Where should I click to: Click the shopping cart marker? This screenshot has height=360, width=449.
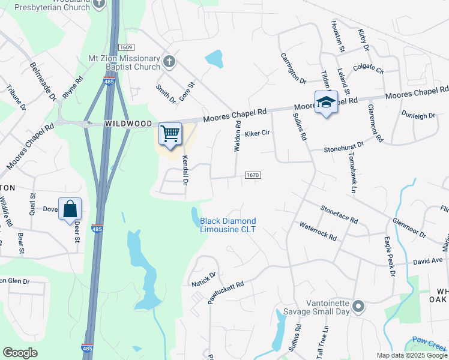pos(170,134)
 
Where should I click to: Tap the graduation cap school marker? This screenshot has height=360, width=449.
pos(326,103)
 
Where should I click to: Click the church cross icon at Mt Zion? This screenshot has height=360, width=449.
pos(170,61)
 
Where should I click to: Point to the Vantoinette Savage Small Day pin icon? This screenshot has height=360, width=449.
pos(358,307)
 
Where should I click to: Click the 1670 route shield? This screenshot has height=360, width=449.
pos(253,175)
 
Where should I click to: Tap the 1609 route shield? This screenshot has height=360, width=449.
pos(125,47)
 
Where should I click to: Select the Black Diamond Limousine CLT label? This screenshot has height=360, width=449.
pos(228,225)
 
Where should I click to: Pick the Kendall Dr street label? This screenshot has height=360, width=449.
pos(185,170)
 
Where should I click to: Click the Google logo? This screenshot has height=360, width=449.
pos(20,353)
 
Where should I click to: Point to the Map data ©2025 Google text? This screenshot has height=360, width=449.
pos(412,355)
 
